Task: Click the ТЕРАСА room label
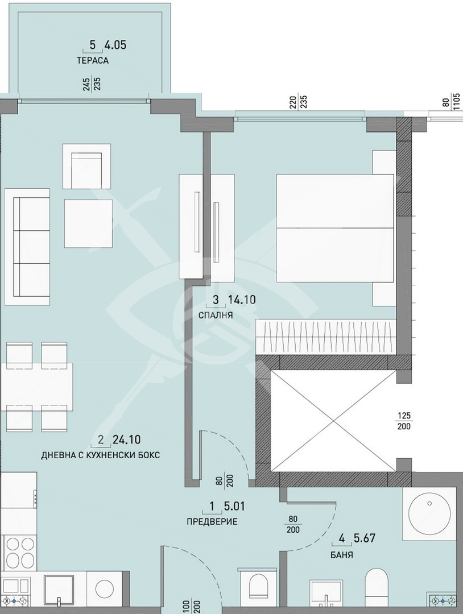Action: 93,61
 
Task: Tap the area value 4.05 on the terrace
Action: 115,45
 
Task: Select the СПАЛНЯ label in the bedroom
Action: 216,315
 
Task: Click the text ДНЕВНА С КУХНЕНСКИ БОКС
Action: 100,455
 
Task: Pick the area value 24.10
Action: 126,439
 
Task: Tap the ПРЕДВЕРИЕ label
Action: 212,521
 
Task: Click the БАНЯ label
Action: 342,555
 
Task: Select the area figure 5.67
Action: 364,538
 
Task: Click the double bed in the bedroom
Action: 335,228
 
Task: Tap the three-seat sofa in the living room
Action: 27,247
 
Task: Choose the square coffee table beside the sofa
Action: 89,223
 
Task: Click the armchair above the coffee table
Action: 86,167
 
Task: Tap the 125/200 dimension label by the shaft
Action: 404,421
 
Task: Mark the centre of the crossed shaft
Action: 334,421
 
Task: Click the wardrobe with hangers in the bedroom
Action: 325,335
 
